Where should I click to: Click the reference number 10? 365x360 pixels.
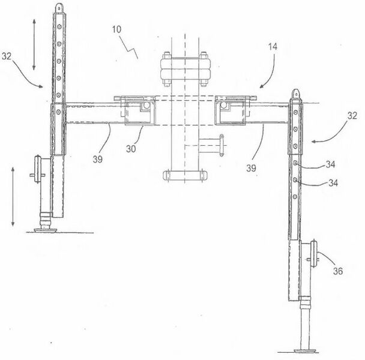116,29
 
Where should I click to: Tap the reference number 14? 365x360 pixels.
273,47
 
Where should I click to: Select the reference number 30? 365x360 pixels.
131,149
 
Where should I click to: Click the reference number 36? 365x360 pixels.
338,271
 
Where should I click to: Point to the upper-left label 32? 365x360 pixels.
7,56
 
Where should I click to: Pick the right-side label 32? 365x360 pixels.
352,115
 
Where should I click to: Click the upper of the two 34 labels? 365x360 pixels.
330,164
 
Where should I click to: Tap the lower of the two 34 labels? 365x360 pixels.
333,183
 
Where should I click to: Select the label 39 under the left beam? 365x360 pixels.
97,159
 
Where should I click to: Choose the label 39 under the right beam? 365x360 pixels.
251,168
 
